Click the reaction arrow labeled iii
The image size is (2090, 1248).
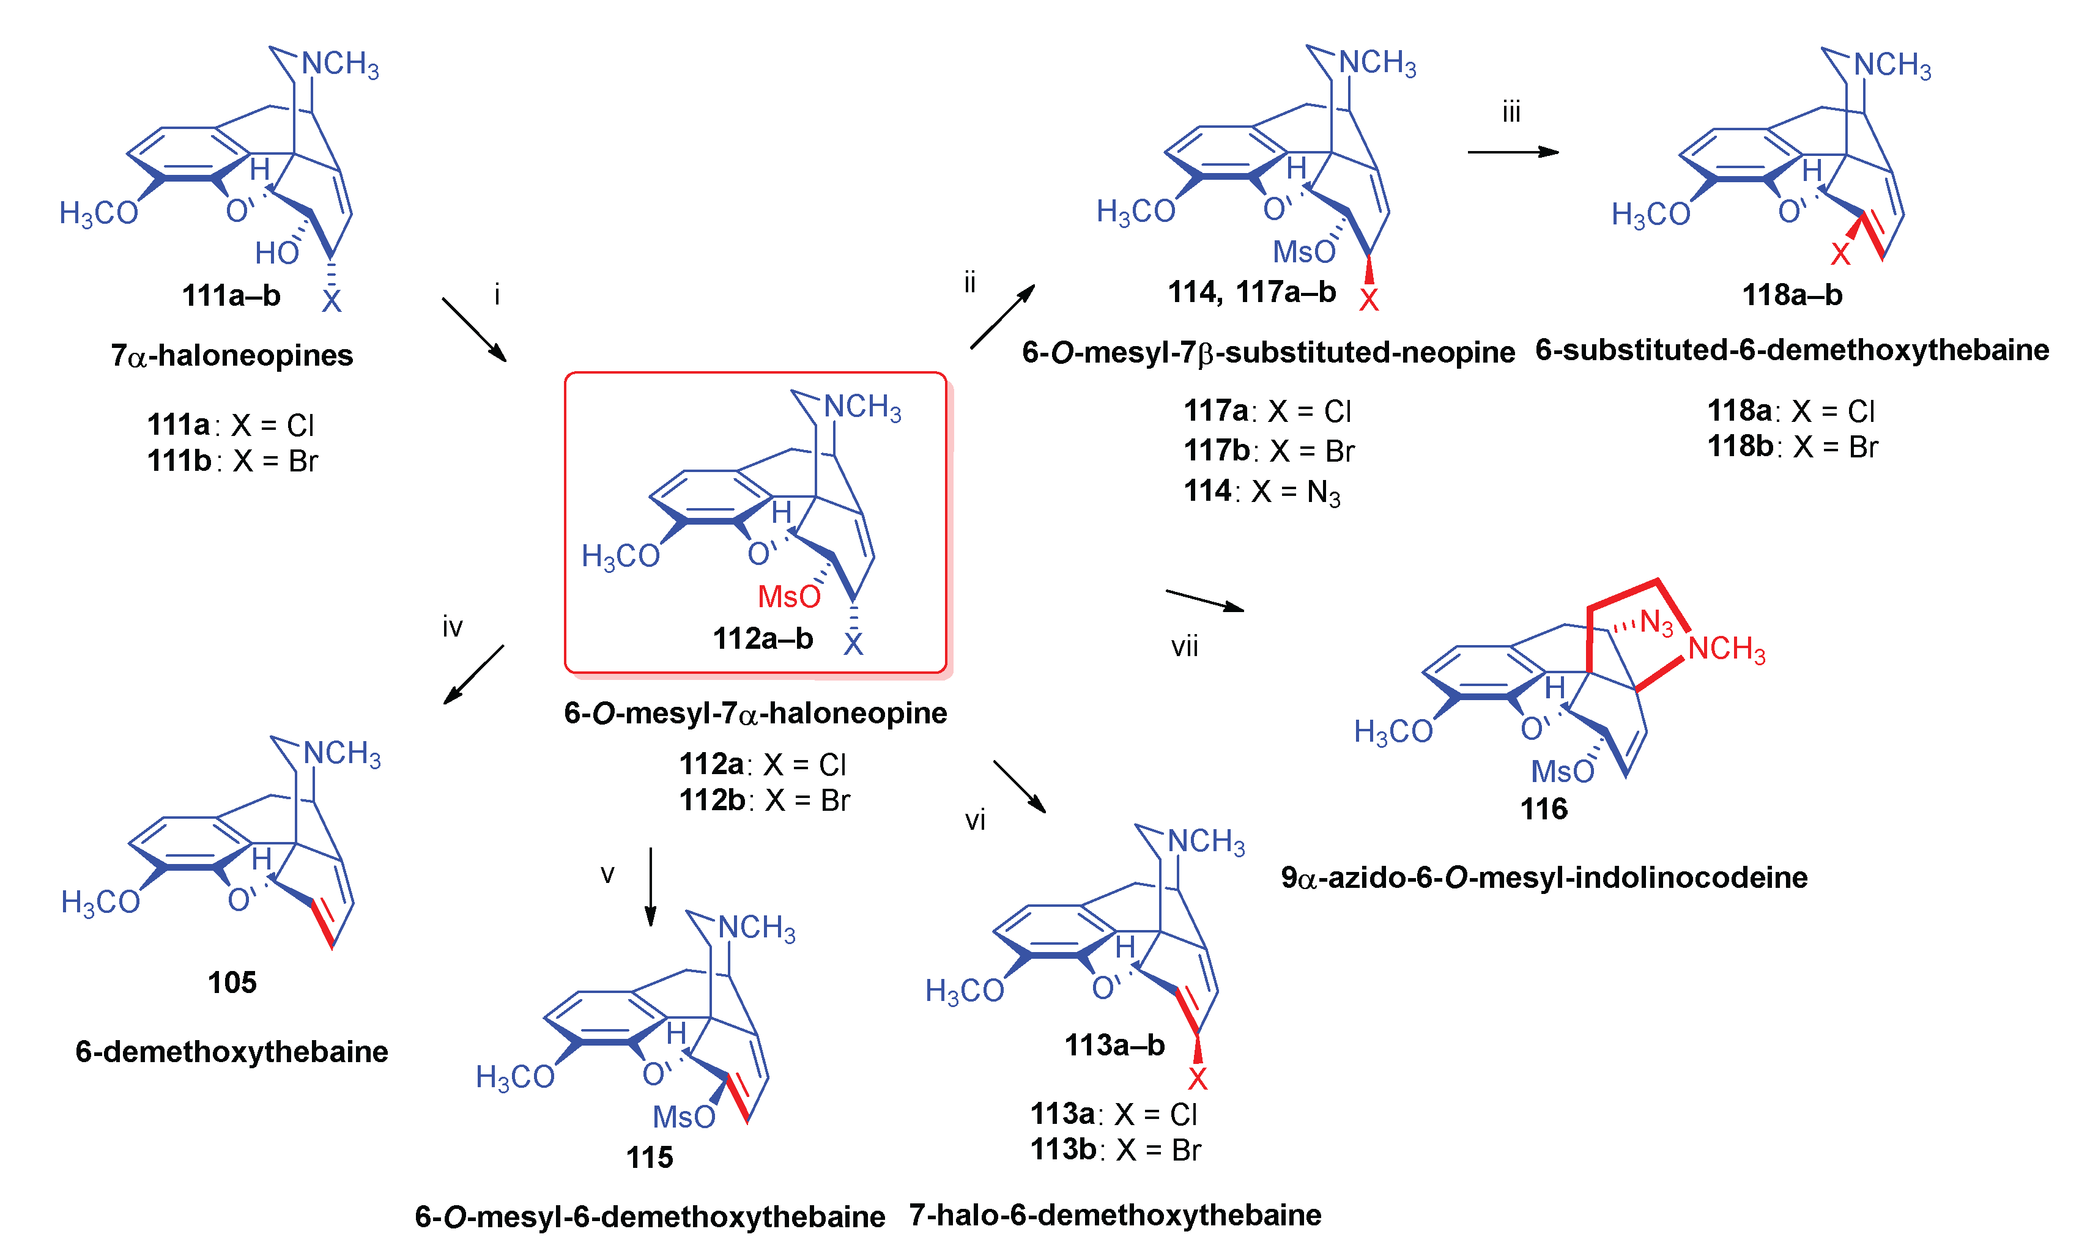[x=1511, y=152]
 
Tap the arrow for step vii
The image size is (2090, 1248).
[x=1204, y=600]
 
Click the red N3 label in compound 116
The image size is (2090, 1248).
[x=1655, y=622]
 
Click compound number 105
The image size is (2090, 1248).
[x=232, y=981]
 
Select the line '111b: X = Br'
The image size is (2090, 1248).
[x=232, y=461]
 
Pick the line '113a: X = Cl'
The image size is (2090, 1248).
[x=1114, y=1113]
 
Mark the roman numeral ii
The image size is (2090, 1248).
[x=969, y=282]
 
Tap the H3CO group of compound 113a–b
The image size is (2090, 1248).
[x=964, y=991]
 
